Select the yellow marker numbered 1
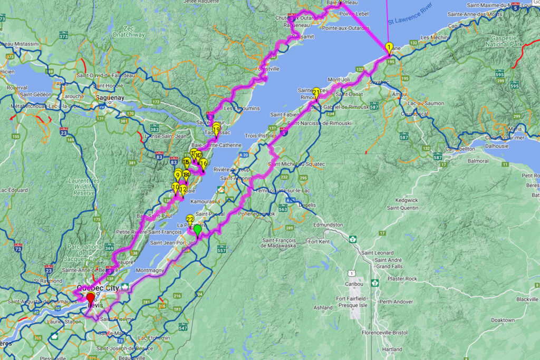pos(389,47)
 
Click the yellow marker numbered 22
pos(190,219)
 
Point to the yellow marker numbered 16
pos(203,163)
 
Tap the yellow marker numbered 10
pos(175,187)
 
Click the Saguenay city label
pos(110,98)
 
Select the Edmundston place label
pos(313,225)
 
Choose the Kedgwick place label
pos(396,200)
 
